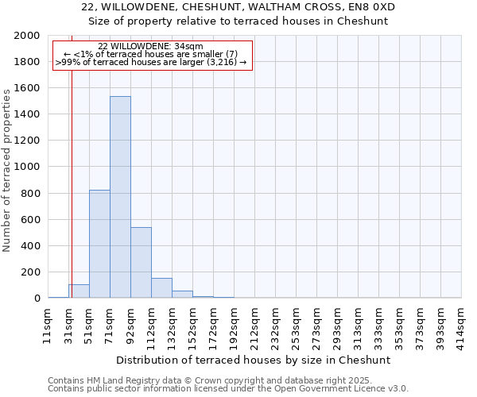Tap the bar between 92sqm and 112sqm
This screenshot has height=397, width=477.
[141, 263]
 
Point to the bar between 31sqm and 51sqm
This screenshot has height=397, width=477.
[79, 291]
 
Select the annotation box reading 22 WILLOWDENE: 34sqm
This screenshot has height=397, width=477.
[151, 54]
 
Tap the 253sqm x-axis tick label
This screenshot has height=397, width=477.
[296, 327]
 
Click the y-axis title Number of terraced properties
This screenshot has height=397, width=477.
[7, 170]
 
